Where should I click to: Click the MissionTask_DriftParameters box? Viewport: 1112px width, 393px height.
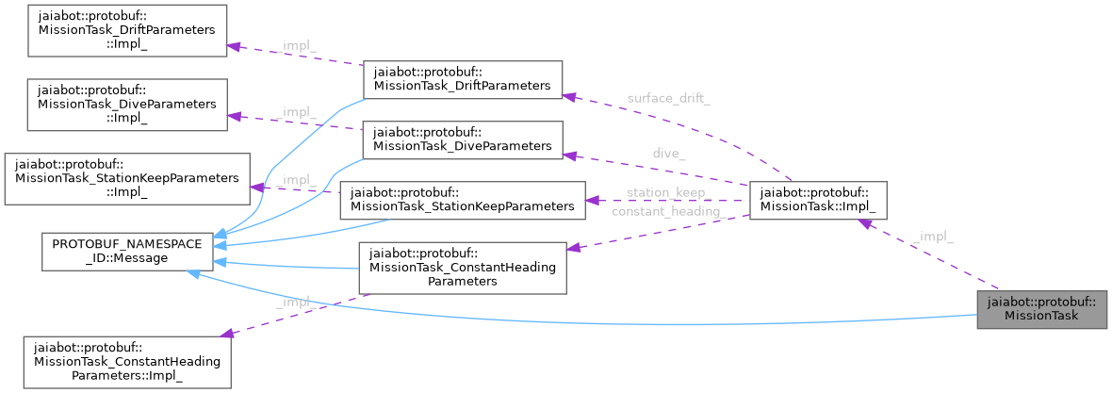(462, 78)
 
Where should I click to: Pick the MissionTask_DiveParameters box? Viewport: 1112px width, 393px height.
(462, 139)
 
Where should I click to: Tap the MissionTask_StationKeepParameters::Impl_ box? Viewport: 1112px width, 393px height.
(126, 178)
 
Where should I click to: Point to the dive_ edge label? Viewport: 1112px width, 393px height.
(668, 153)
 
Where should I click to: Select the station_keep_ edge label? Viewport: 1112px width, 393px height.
(665, 192)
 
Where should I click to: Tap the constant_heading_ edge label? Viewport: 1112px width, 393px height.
(665, 212)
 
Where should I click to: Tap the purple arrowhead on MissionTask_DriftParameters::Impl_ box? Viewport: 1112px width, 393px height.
(234, 45)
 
